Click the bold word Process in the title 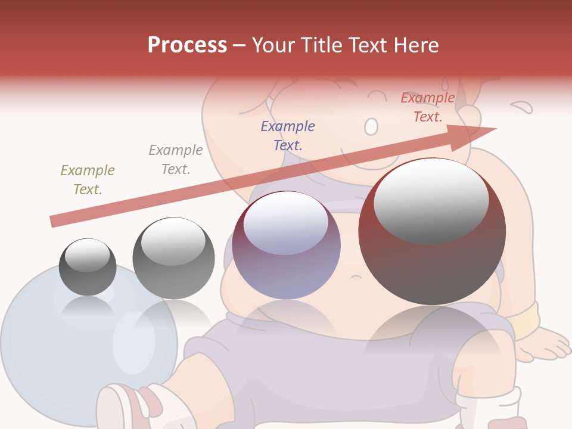point(187,45)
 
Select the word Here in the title point(416,45)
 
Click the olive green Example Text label point(88,179)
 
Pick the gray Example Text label point(176,159)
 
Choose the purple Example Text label point(288,135)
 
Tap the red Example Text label point(428,107)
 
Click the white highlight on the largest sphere point(431,200)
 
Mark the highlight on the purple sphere point(286,222)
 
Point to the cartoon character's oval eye point(371,126)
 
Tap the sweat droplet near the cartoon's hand point(523,107)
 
